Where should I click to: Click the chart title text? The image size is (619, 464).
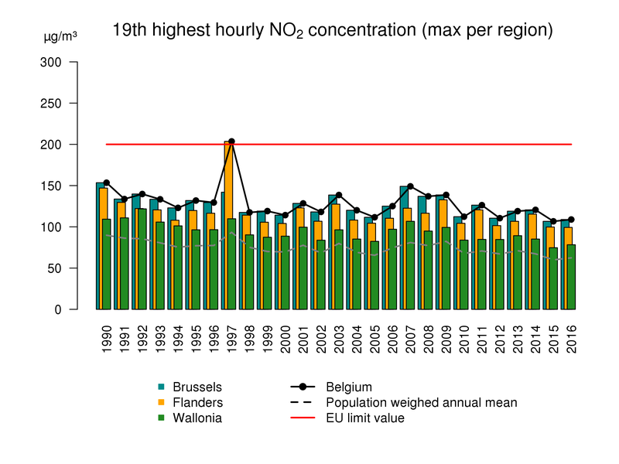(333, 31)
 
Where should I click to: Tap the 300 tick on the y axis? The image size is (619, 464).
(50, 62)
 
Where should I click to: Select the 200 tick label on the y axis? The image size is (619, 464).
(50, 145)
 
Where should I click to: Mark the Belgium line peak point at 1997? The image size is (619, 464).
(231, 142)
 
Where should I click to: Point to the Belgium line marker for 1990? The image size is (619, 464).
(106, 183)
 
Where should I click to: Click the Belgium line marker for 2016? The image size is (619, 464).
(572, 220)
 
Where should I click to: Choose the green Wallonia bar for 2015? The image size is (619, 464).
(553, 278)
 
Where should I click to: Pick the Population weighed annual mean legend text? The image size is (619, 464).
(422, 402)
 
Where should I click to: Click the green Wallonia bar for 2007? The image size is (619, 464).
(410, 265)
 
